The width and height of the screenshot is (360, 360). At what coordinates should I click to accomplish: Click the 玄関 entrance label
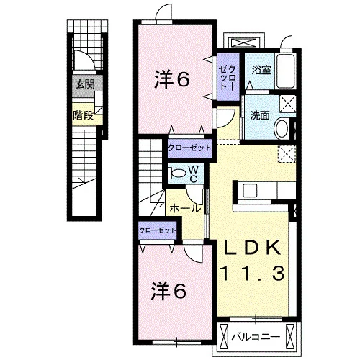pos(85,84)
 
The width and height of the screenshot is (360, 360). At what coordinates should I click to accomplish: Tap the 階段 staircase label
pos(83,115)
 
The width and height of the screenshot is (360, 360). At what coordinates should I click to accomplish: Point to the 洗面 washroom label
pos(260,115)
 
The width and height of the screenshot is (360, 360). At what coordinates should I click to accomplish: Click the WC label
pos(194,174)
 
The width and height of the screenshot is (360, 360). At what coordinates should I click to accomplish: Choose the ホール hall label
pos(185,208)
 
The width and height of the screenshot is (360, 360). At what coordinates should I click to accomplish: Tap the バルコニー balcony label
pos(256,337)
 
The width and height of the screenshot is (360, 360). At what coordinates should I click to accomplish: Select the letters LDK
pos(252,247)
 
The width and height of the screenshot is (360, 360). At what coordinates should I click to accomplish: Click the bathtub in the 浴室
pos(286,71)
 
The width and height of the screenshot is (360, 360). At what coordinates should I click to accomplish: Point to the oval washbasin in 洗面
pos(282,128)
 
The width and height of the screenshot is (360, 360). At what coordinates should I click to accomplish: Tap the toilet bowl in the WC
pos(176,174)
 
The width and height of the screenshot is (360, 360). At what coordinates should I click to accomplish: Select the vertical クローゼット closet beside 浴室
pos(228,77)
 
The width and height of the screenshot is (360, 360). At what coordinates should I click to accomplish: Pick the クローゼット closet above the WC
pos(189,148)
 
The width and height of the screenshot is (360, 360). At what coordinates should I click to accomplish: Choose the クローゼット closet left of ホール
pos(158,230)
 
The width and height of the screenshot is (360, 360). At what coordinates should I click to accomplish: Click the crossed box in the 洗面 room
pos(287,104)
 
